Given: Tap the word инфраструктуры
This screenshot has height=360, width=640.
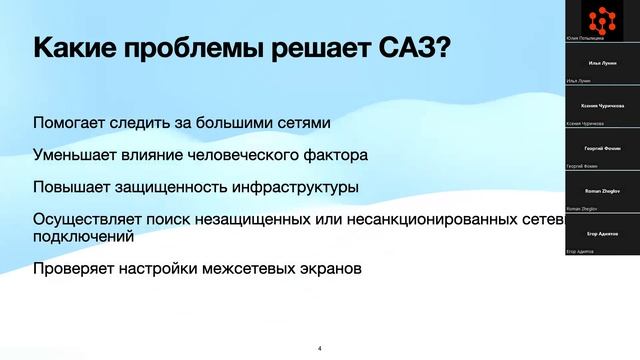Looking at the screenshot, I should pos(294,187).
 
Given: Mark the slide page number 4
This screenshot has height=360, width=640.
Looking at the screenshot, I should pos(319,348).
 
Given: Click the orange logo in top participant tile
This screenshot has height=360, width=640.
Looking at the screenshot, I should pos(602,16).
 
